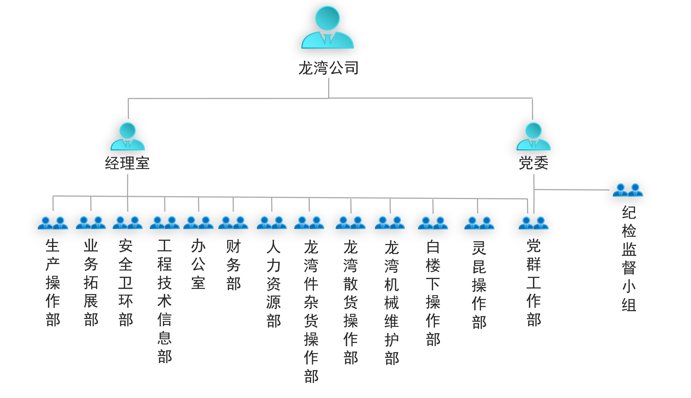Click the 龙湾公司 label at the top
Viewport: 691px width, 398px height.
point(328,68)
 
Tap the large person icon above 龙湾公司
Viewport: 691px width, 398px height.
point(327,29)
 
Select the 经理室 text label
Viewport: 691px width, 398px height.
point(127,163)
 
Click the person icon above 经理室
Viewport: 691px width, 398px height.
point(127,136)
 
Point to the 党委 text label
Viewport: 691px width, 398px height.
point(533,163)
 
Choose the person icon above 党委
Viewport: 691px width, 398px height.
point(533,136)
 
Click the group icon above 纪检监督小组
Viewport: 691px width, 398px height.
point(628,190)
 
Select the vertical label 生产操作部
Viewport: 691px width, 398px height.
point(53,283)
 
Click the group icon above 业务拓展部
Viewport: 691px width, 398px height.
point(91,223)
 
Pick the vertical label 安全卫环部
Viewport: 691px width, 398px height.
point(126,283)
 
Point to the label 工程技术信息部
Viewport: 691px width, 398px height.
point(164,301)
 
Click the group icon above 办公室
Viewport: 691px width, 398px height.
point(198,223)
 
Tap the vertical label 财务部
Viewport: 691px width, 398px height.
point(233,265)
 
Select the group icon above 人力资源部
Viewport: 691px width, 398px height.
point(272,223)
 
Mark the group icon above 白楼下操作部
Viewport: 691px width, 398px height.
point(433,223)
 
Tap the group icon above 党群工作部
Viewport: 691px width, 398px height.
point(533,223)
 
